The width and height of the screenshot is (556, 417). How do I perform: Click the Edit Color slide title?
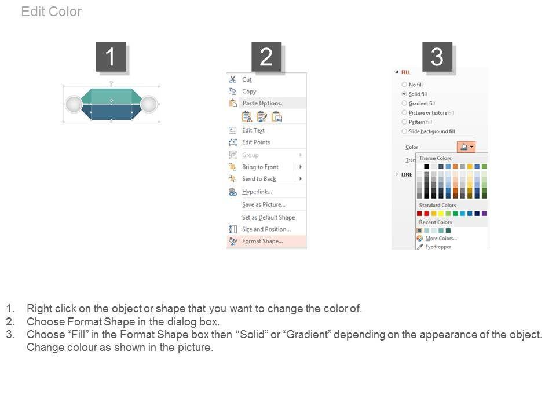tap(52, 12)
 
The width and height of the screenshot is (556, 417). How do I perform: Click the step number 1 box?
tap(111, 56)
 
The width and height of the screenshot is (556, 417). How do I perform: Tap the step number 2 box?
tap(266, 56)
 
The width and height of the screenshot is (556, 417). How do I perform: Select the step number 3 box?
tap(437, 56)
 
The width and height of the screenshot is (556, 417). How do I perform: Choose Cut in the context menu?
tap(247, 79)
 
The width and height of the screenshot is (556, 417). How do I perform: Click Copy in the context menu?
tap(249, 92)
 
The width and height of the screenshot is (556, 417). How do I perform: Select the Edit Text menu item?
tap(253, 130)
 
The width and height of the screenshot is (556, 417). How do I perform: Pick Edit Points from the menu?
tap(256, 142)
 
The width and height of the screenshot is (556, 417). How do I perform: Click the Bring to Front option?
tap(260, 167)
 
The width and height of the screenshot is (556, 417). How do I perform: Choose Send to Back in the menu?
tap(259, 179)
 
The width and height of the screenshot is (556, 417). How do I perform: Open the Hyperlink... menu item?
tap(257, 192)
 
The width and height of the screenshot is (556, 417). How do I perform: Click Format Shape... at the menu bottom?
tap(262, 241)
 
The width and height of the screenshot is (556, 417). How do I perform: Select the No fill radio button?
tap(404, 85)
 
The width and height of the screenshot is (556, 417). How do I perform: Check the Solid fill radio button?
tap(404, 94)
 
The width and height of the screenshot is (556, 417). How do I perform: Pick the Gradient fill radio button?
tap(404, 103)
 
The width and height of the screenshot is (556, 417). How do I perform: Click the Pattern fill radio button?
tap(404, 122)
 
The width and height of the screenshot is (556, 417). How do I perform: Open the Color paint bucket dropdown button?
tap(466, 147)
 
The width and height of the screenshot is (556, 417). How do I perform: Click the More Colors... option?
tap(441, 238)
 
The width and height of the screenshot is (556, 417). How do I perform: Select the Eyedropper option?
tap(438, 247)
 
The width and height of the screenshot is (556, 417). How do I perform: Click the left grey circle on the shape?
tap(74, 104)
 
